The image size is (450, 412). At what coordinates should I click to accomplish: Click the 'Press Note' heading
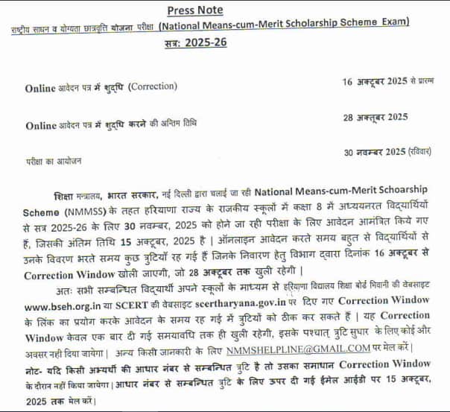tap(197, 10)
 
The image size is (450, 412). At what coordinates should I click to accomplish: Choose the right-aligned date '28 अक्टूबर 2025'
tap(375, 118)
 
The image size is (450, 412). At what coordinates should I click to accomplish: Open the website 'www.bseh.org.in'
tap(65, 306)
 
